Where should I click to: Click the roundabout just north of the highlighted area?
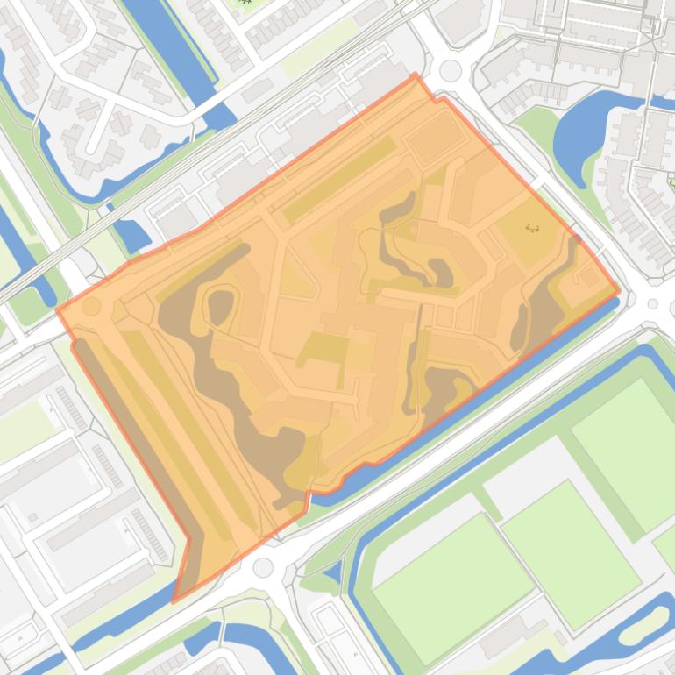click(451, 70)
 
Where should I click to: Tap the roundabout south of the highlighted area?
click(263, 567)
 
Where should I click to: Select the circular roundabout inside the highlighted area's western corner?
click(91, 307)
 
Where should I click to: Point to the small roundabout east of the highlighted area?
click(652, 304)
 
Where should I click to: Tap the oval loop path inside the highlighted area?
click(222, 304)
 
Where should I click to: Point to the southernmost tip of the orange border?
click(174, 601)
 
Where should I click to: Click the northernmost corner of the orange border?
click(416, 75)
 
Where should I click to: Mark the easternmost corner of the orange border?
click(619, 292)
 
